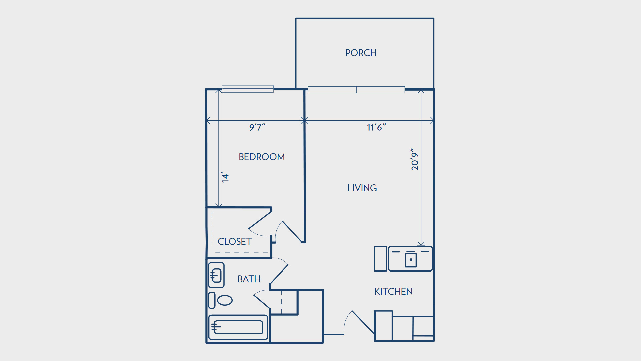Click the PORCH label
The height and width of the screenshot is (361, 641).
point(361,53)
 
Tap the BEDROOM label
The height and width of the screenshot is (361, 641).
point(262,157)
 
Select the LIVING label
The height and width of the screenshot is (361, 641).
point(362,188)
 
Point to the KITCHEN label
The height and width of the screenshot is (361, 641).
point(393,292)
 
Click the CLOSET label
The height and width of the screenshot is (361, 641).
point(234,242)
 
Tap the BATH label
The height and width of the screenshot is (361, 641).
point(249,279)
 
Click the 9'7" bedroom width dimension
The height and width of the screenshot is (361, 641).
point(257,127)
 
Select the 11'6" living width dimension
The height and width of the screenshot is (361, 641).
point(376,127)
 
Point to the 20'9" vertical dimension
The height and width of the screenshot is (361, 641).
point(415,159)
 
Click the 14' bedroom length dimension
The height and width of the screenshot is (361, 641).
point(225,177)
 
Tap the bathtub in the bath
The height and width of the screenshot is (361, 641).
point(238,327)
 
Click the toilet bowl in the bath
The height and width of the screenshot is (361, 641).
point(225,300)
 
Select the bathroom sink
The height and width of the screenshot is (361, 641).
point(216,276)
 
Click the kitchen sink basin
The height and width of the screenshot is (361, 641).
point(411,260)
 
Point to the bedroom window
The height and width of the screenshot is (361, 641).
point(248,89)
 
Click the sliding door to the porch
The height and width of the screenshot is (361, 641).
point(356,90)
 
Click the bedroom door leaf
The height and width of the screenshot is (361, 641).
point(293,232)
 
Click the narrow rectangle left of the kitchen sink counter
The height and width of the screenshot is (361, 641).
point(381,259)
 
